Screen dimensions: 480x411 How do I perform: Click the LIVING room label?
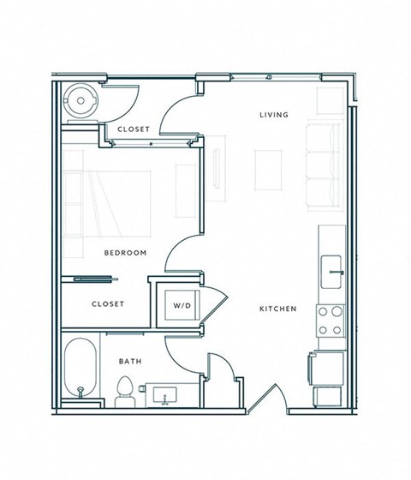point(274,115)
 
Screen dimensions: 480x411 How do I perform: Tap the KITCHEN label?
point(280,309)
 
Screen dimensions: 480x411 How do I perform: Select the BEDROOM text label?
point(126,253)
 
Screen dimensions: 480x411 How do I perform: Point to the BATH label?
point(129,362)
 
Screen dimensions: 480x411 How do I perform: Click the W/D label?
point(182,305)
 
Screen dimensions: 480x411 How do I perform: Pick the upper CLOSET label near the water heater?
point(134,129)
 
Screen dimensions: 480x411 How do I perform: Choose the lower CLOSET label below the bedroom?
point(108,304)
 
